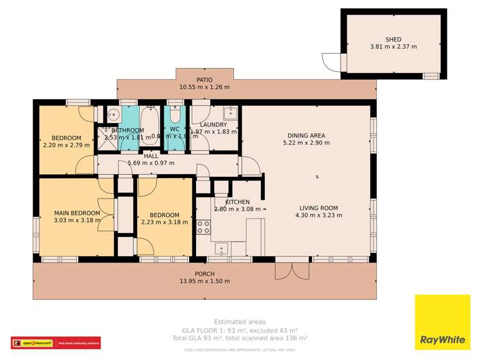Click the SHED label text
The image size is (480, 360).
point(393,38)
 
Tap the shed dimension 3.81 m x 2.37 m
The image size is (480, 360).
point(393,47)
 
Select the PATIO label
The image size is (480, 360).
point(204,79)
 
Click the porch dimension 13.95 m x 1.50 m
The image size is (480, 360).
point(205,281)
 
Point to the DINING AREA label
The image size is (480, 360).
point(306,135)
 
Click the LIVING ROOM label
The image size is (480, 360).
point(319,207)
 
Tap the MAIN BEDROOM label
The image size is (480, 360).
point(77,213)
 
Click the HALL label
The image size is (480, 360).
point(151,156)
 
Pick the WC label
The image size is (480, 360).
point(174,128)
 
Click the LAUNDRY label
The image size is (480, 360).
point(213,125)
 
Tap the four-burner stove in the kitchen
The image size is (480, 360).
point(203,227)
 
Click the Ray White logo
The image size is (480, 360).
point(442,322)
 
